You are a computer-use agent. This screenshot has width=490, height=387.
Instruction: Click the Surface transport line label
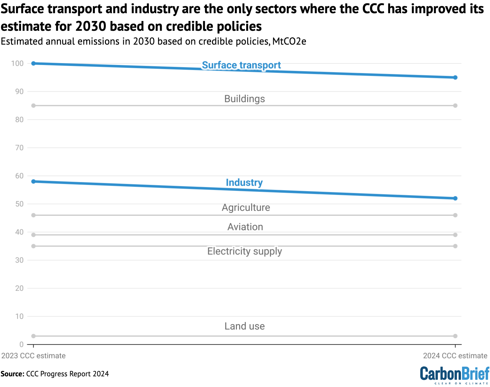pos(241,65)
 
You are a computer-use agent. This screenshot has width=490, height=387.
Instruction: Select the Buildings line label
pos(244,99)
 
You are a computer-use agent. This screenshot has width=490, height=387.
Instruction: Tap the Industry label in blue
pos(244,183)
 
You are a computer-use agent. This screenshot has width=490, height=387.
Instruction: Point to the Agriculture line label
pos(246,207)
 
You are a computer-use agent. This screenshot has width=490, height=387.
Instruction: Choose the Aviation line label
pos(245,227)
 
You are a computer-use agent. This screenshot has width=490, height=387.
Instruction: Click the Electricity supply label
pos(244,251)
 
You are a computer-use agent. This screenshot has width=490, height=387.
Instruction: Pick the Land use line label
pos(244,326)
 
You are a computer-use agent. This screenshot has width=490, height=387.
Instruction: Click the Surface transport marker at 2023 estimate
pos(33,63)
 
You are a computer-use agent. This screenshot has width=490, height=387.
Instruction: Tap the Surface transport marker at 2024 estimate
pos(455,77)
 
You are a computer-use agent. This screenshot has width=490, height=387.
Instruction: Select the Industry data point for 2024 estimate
pos(455,198)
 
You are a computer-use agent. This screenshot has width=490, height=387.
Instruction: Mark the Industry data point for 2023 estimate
pos(33,182)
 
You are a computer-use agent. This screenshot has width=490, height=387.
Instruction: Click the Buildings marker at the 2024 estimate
pos(455,106)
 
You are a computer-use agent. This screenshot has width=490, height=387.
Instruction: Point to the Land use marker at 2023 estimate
pos(33,336)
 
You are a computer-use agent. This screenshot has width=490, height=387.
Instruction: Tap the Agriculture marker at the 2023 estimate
pos(33,215)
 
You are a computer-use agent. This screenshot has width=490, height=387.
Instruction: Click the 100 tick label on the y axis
pos(17,63)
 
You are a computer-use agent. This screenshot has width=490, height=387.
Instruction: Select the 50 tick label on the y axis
pos(19,204)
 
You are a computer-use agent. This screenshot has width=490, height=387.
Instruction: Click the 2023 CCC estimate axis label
pos(34,356)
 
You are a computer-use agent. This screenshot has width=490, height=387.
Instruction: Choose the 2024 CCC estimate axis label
pos(455,356)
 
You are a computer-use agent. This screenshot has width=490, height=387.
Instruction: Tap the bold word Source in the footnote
pos(12,374)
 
